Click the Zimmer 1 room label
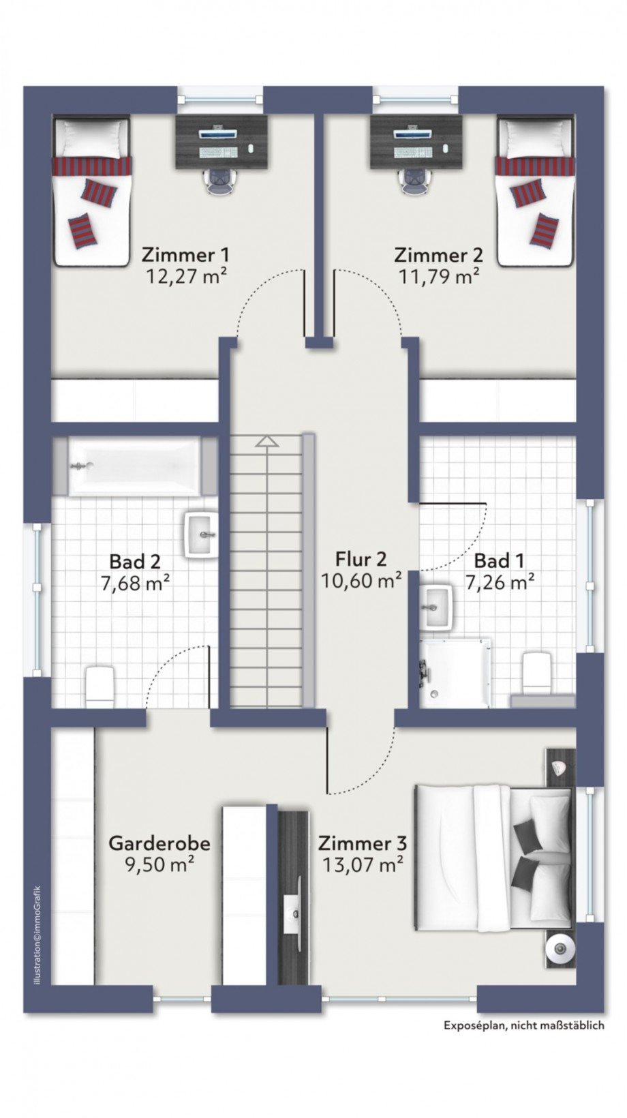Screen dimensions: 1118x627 coord(185,255)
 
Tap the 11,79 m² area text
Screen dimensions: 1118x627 coord(439,276)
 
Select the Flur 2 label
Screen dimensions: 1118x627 coord(361,559)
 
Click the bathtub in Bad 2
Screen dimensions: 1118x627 coord(135,466)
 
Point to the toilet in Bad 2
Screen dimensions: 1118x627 coord(100,685)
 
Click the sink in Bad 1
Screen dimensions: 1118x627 coord(437,605)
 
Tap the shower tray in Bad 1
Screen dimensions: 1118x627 coord(455,672)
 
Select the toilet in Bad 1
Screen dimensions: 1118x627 coord(536,672)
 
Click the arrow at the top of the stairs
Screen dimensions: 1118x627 coord(266,441)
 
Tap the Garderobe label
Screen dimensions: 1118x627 coord(159,843)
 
